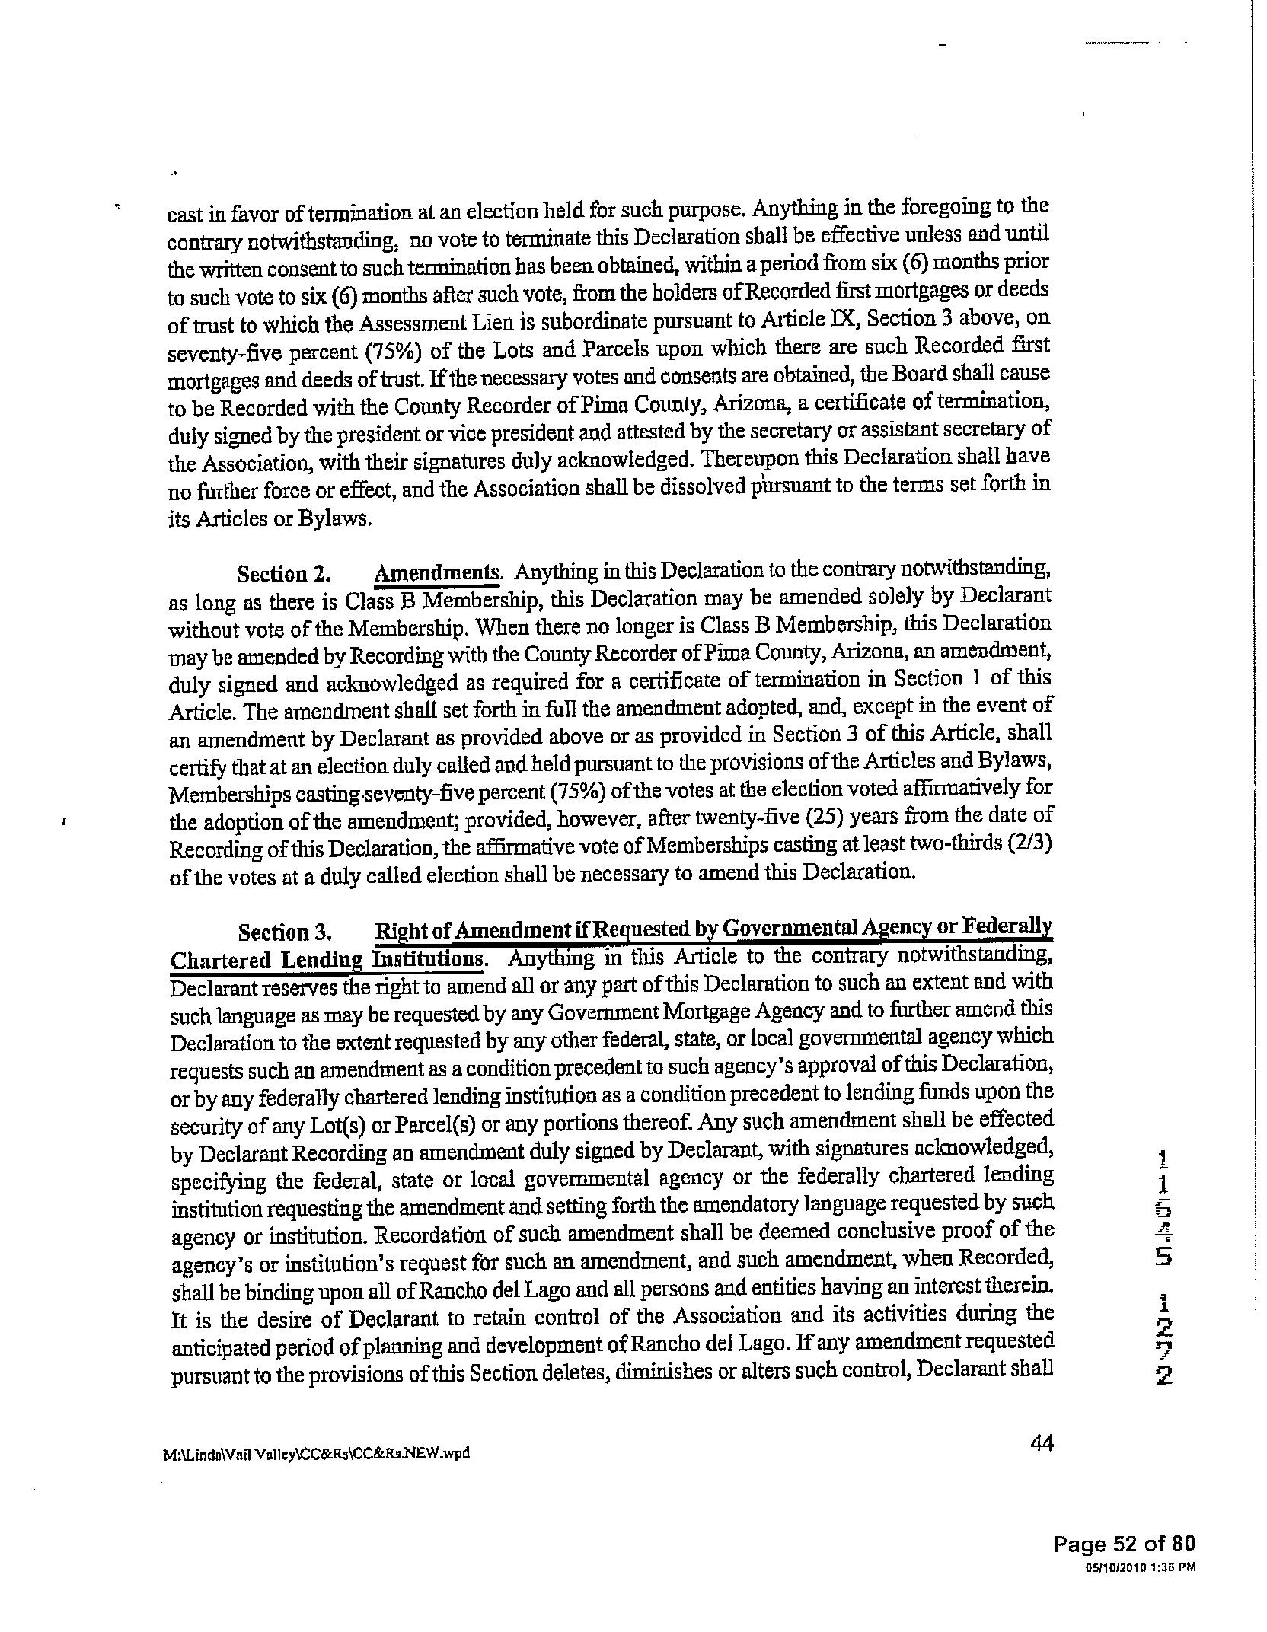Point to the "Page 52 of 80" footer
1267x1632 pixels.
click(x=1124, y=1542)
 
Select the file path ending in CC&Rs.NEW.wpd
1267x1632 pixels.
click(x=316, y=1453)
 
